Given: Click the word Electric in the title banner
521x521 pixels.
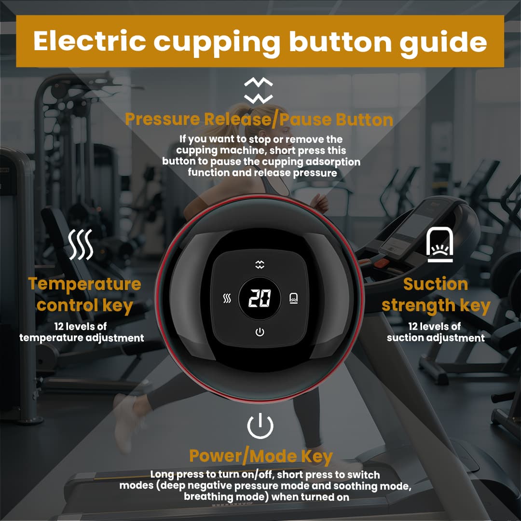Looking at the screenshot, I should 89,41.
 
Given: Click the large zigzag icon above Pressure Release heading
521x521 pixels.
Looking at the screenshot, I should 259,91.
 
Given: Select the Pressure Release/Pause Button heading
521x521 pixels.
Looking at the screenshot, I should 259,119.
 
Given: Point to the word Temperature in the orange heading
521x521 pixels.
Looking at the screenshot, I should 84,284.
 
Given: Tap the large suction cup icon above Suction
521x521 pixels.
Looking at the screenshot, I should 439,245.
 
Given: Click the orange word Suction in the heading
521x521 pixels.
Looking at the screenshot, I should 435,284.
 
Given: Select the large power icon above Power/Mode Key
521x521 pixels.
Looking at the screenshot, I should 260,425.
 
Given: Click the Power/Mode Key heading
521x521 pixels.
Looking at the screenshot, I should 260,455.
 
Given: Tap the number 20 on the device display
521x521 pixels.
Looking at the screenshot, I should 260,299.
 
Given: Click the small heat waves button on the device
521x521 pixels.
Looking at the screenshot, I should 227,299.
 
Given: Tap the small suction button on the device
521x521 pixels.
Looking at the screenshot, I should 293,299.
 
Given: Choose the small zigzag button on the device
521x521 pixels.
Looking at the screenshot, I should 260,264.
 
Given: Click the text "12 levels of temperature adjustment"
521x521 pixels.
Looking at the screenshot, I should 82,332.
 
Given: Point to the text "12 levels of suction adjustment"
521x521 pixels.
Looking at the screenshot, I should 436,332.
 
